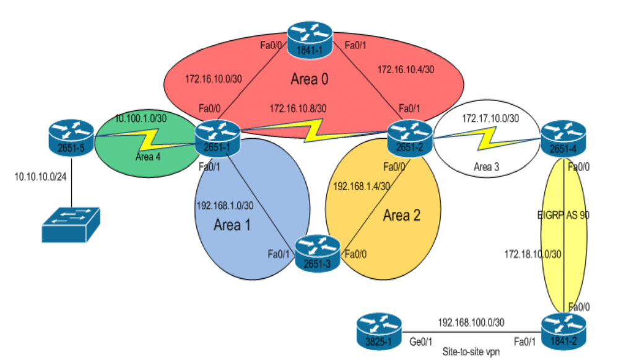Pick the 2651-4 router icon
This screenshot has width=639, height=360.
[563, 138]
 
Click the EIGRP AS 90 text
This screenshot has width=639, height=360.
[563, 214]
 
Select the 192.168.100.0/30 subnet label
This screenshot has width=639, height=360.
[471, 322]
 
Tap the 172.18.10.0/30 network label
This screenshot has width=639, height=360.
[533, 254]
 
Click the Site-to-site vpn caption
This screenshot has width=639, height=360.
[471, 351]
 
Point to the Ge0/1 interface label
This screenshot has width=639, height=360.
[424, 341]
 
